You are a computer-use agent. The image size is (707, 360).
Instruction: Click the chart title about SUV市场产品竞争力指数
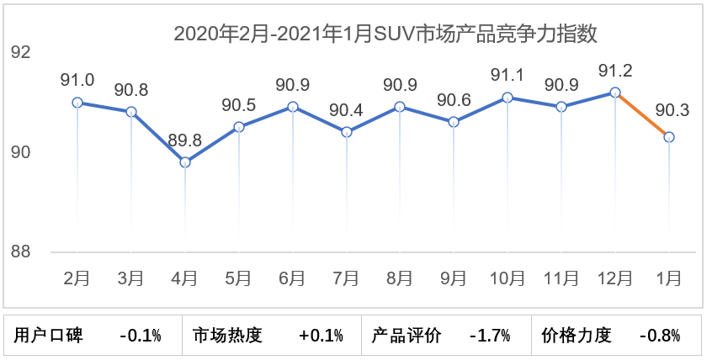click(x=385, y=34)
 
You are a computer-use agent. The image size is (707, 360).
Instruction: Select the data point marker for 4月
click(x=185, y=162)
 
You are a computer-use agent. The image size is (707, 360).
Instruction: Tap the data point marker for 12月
click(x=615, y=93)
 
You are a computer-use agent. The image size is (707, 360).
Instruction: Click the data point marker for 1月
click(x=669, y=137)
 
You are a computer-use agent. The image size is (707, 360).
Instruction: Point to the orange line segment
click(x=642, y=115)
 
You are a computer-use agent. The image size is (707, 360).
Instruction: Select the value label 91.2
click(x=615, y=70)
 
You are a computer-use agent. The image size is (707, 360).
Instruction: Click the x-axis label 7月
click(x=346, y=278)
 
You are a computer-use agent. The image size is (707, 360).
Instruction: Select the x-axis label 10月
click(x=508, y=278)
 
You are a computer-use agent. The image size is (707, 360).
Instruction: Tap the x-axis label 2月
click(x=77, y=278)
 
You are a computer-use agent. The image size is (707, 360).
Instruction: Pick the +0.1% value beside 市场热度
click(x=321, y=336)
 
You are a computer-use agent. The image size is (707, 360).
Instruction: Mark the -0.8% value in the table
click(x=659, y=336)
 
